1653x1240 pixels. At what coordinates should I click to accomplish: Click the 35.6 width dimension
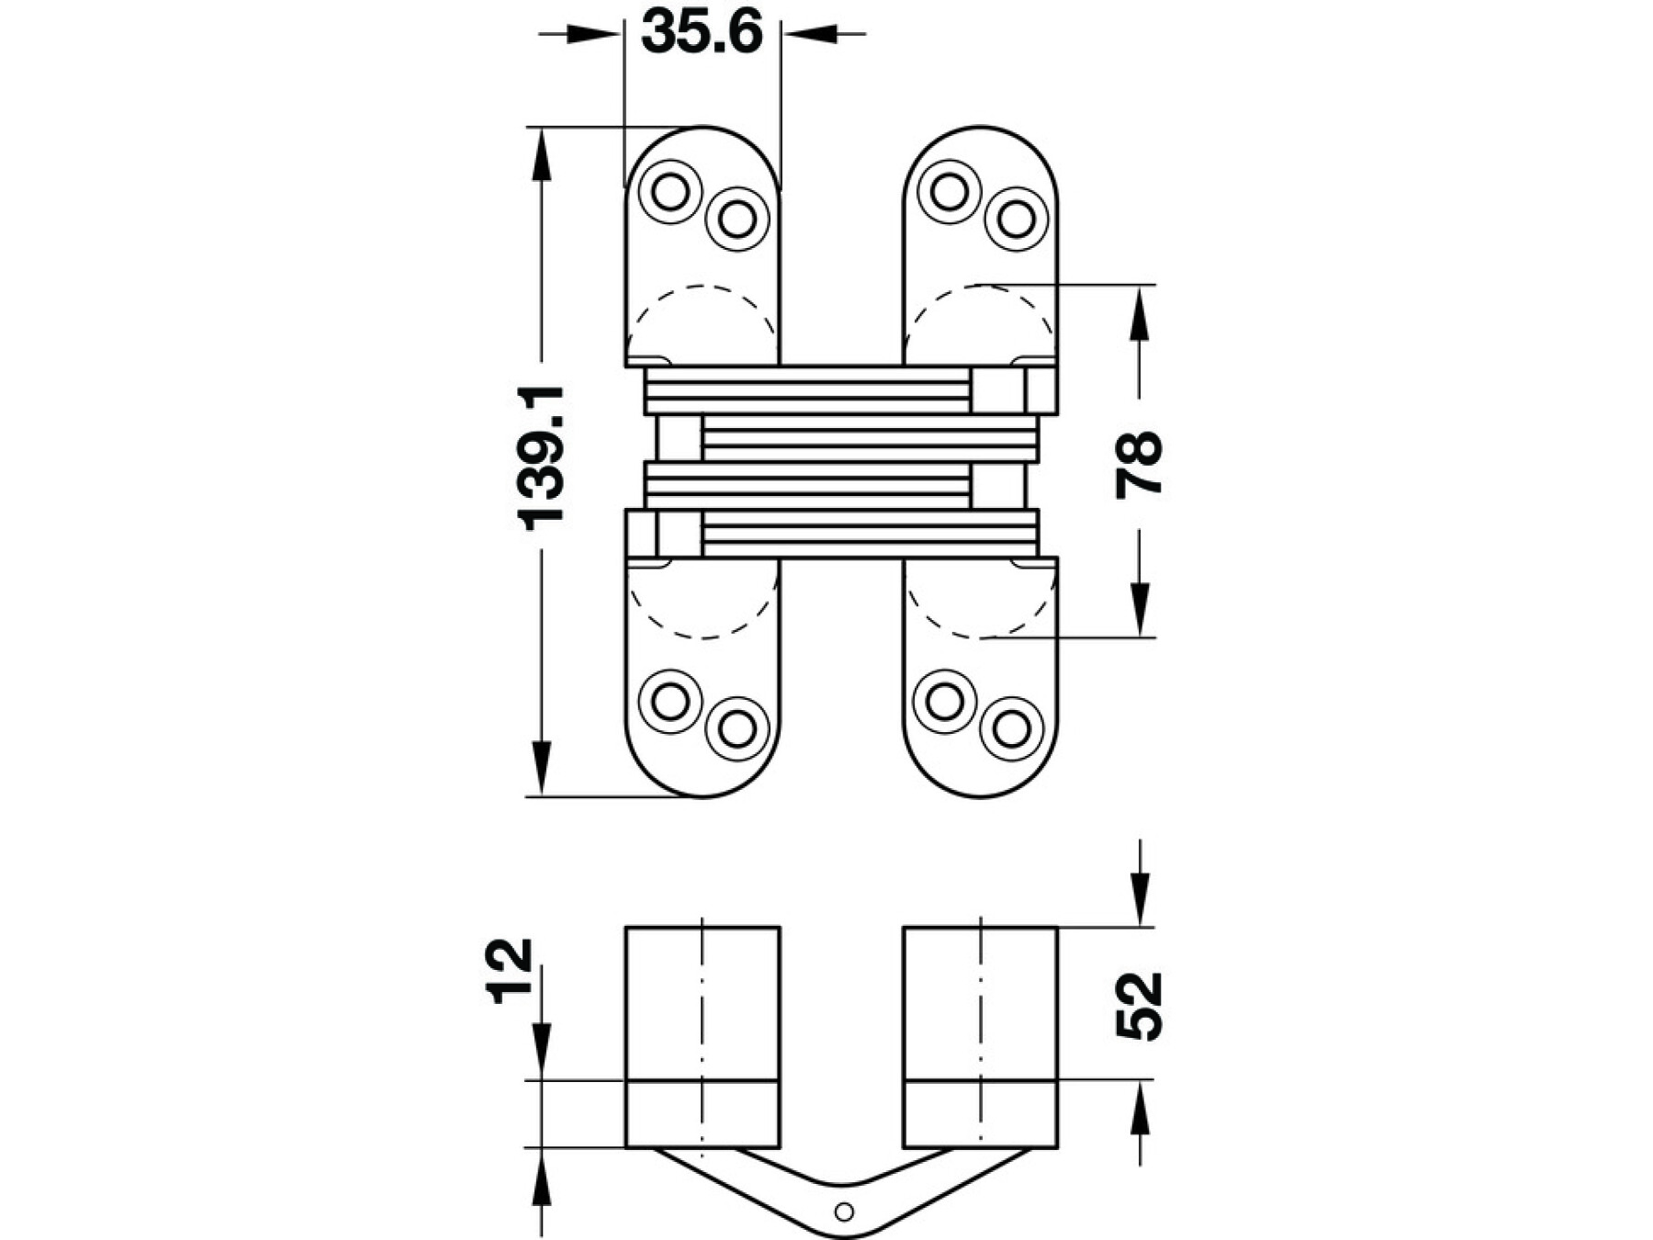pyautogui.click(x=703, y=32)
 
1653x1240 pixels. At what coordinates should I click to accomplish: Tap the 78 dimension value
pyautogui.click(x=1139, y=465)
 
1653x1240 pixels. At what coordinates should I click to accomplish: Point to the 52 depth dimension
pyautogui.click(x=1139, y=1006)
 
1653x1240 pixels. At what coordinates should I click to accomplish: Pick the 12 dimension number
pyautogui.click(x=512, y=971)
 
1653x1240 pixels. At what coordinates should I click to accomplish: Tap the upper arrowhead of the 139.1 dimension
pyautogui.click(x=542, y=155)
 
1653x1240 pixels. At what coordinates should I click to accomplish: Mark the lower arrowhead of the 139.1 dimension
pyautogui.click(x=542, y=768)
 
